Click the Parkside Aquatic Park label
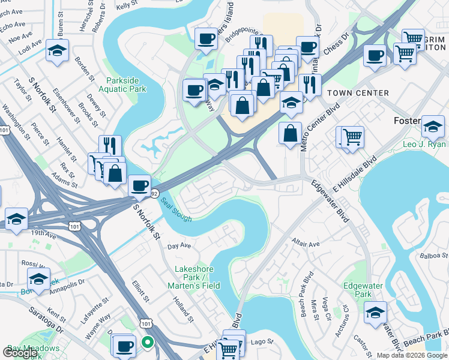click(126, 85)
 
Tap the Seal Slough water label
click(176, 209)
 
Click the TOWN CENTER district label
click(358, 93)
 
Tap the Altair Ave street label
click(306, 244)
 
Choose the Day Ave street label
click(179, 246)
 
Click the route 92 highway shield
click(154, 194)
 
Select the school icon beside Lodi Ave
click(58, 51)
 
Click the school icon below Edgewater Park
click(375, 313)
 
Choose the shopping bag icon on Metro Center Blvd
click(291, 133)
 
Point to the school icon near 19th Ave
click(16, 218)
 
